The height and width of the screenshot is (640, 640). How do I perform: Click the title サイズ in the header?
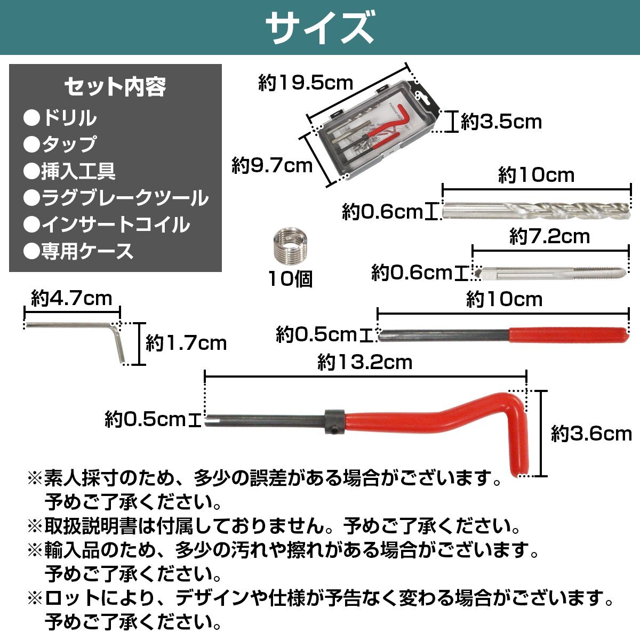pos(319,27)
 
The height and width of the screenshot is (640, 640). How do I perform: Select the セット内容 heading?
pos(115,87)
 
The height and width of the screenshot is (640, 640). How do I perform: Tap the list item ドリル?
pos(60,118)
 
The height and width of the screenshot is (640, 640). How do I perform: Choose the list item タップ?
pos(60,144)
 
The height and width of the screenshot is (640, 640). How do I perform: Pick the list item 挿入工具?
pos(70,171)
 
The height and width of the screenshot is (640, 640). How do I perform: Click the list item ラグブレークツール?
pos(116,198)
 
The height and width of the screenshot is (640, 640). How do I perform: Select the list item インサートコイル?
pos(107,224)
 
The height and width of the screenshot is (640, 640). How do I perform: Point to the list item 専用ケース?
pos(79,251)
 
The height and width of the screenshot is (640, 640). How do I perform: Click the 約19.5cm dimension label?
pos(306,83)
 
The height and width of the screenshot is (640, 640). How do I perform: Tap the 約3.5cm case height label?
pos(501,122)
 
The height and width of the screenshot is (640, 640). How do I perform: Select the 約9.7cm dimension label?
pos(273,165)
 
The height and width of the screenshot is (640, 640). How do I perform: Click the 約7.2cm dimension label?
pos(550,236)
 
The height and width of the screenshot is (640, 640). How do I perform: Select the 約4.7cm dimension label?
pos(72,298)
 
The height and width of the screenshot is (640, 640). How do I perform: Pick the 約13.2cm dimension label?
pos(365,362)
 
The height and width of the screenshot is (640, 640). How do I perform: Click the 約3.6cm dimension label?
pos(591,434)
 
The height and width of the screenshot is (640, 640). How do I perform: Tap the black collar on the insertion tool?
pos(335,421)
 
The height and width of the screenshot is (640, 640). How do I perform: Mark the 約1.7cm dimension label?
pos(186,343)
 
